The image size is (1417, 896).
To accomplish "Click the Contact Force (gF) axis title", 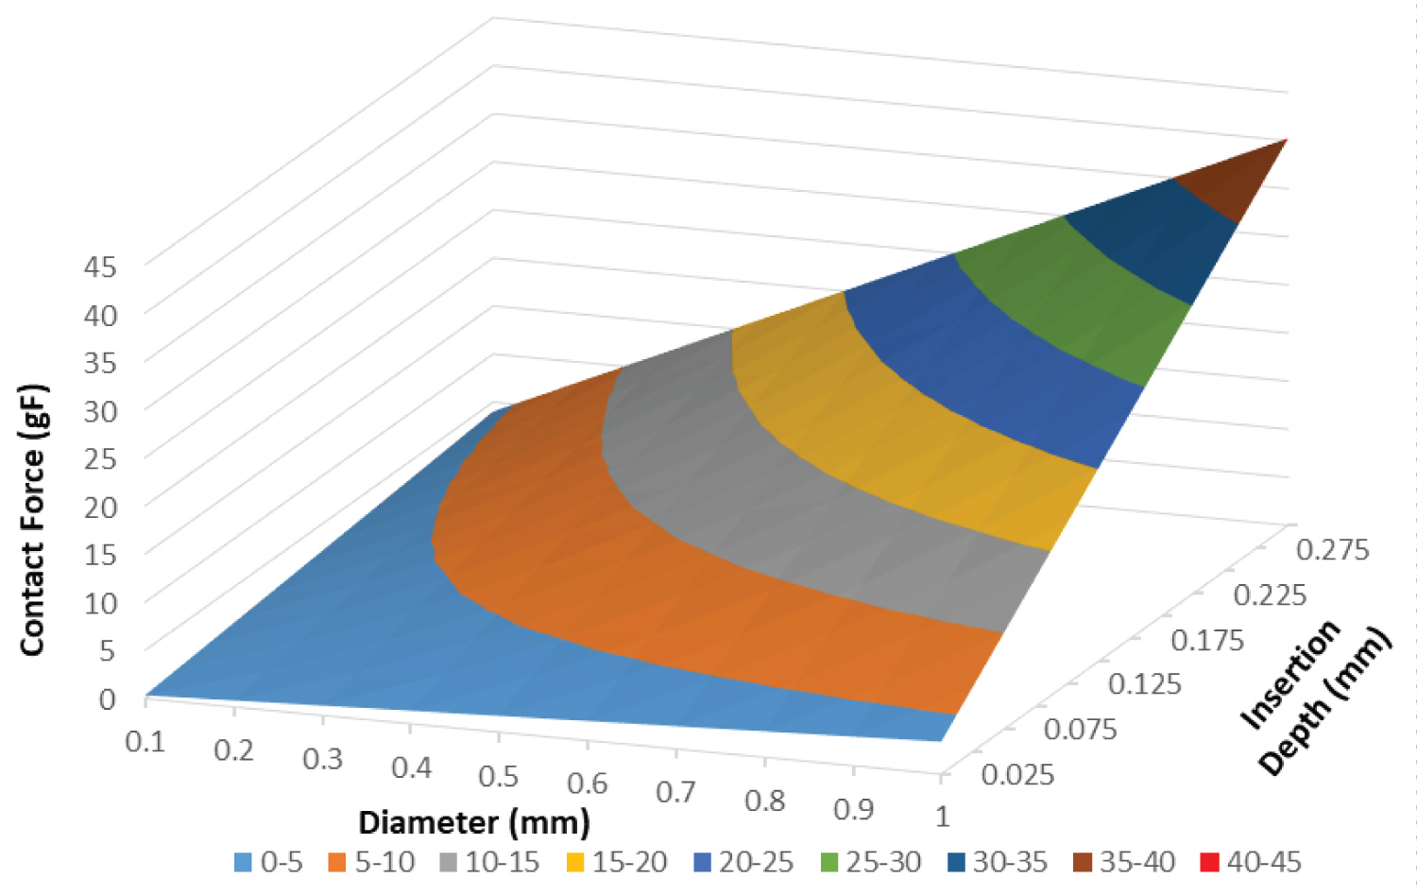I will point(33,520).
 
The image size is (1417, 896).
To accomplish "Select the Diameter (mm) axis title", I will point(473,822).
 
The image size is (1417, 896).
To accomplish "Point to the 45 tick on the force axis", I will point(100,267).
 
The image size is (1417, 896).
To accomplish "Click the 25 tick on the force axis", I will point(100,458).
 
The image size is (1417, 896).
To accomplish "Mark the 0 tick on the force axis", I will point(108,698).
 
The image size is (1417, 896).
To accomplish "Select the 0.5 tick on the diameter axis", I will point(498,776).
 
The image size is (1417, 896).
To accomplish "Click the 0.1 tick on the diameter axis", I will point(145,741).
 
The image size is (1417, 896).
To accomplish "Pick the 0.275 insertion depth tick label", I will point(1332,550).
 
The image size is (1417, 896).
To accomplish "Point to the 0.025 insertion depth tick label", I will point(1017,775).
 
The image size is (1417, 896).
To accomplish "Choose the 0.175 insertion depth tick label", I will point(1207,641).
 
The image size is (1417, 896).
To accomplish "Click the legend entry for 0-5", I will point(269,862).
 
